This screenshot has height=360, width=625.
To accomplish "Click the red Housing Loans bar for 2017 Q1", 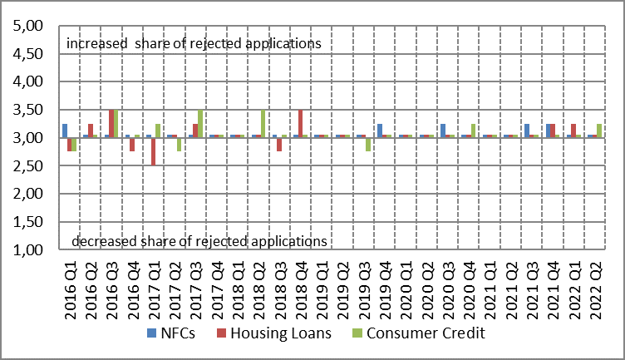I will (x=153, y=152).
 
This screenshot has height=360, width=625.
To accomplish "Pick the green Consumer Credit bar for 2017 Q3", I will (x=200, y=123).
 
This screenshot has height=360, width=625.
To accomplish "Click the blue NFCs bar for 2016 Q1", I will (x=64, y=131).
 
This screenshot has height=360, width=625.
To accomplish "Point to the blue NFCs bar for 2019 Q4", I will (x=379, y=131).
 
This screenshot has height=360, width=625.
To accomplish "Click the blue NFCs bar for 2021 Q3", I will (x=527, y=131).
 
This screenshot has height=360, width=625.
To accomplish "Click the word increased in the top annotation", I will (x=95, y=42).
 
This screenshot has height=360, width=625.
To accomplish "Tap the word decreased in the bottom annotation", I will (x=103, y=242).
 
